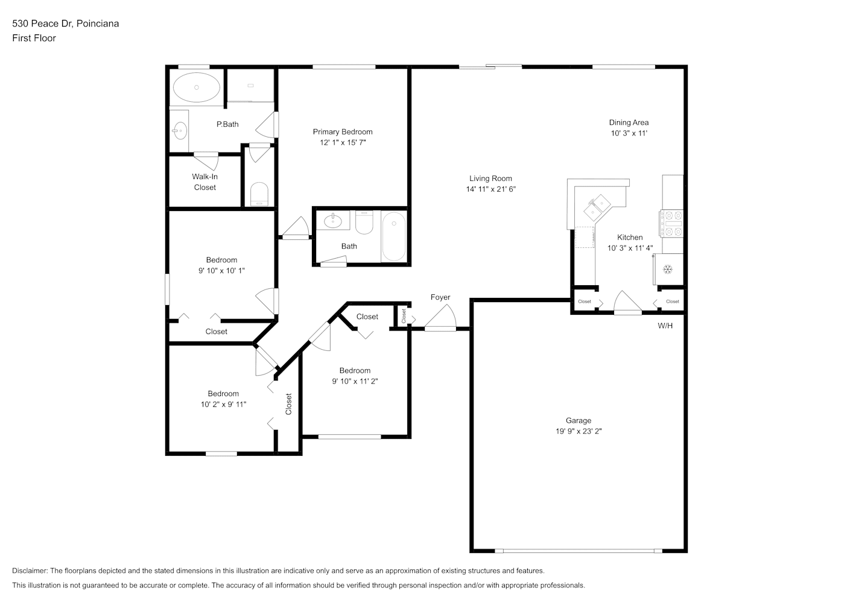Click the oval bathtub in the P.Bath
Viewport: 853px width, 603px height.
tap(197, 87)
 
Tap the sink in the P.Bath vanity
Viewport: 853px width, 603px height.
tap(180, 131)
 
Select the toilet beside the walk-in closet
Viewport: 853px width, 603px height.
tap(259, 194)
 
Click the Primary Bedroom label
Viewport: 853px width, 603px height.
tap(343, 131)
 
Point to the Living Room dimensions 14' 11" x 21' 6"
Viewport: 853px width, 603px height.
tap(491, 189)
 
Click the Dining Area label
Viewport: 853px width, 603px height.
tap(629, 122)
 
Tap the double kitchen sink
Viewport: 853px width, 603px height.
tap(597, 207)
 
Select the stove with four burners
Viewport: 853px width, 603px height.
tap(672, 224)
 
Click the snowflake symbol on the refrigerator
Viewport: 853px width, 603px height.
tap(668, 270)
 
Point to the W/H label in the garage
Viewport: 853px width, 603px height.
tap(665, 326)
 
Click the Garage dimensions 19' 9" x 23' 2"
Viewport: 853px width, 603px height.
tap(579, 431)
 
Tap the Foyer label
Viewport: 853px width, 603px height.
tap(440, 297)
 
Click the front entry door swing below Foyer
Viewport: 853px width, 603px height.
tap(440, 318)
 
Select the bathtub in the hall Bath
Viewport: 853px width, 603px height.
tap(394, 236)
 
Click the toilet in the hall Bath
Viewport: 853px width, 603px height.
tap(364, 223)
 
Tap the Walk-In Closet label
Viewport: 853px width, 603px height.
tap(205, 182)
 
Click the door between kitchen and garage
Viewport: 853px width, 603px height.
tap(627, 303)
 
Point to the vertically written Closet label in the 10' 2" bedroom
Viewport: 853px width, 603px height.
tap(288, 404)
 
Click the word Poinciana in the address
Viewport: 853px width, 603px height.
tap(98, 24)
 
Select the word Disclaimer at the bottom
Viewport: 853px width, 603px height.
tap(30, 570)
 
